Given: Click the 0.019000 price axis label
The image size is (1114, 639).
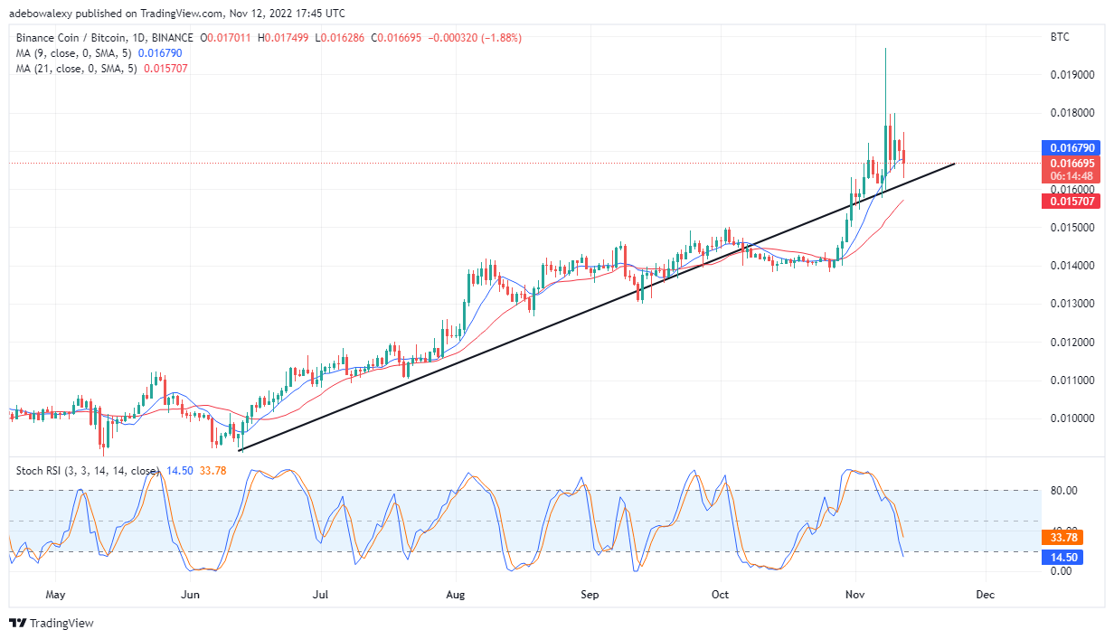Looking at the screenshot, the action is (x=1072, y=75).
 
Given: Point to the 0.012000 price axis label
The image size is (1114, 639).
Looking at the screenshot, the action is (x=1072, y=343).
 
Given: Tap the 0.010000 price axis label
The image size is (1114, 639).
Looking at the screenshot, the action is (x=1072, y=418).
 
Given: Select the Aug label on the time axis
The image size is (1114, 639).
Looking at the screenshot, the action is (x=456, y=595).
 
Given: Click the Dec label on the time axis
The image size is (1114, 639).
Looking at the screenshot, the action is (x=986, y=595).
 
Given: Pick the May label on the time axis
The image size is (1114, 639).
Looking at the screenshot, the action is (x=55, y=595).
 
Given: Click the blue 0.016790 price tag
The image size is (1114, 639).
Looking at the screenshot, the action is (x=1071, y=147).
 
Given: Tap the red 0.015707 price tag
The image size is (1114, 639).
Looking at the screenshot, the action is (x=1071, y=202).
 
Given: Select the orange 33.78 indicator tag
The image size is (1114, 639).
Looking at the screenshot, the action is (x=1062, y=538).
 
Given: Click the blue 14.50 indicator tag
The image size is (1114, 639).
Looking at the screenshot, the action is (x=1062, y=558).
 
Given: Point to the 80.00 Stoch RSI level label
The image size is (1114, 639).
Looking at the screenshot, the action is (x=1063, y=491).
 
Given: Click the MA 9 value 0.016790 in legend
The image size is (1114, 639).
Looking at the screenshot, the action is (x=160, y=53).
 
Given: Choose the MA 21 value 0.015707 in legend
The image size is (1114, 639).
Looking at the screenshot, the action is (x=165, y=69).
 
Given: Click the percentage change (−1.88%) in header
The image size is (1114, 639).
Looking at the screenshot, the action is (x=501, y=38).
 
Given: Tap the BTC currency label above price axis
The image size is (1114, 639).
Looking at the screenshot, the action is (x=1060, y=37).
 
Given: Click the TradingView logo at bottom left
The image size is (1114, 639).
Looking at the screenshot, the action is (x=52, y=623).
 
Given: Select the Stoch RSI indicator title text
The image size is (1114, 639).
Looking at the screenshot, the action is (x=88, y=471).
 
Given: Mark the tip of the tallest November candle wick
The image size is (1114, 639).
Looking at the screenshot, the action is (x=886, y=48).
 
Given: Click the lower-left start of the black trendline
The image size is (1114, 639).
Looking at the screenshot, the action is (x=241, y=450).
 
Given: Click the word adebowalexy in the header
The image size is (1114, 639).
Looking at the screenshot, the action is (x=41, y=14).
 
